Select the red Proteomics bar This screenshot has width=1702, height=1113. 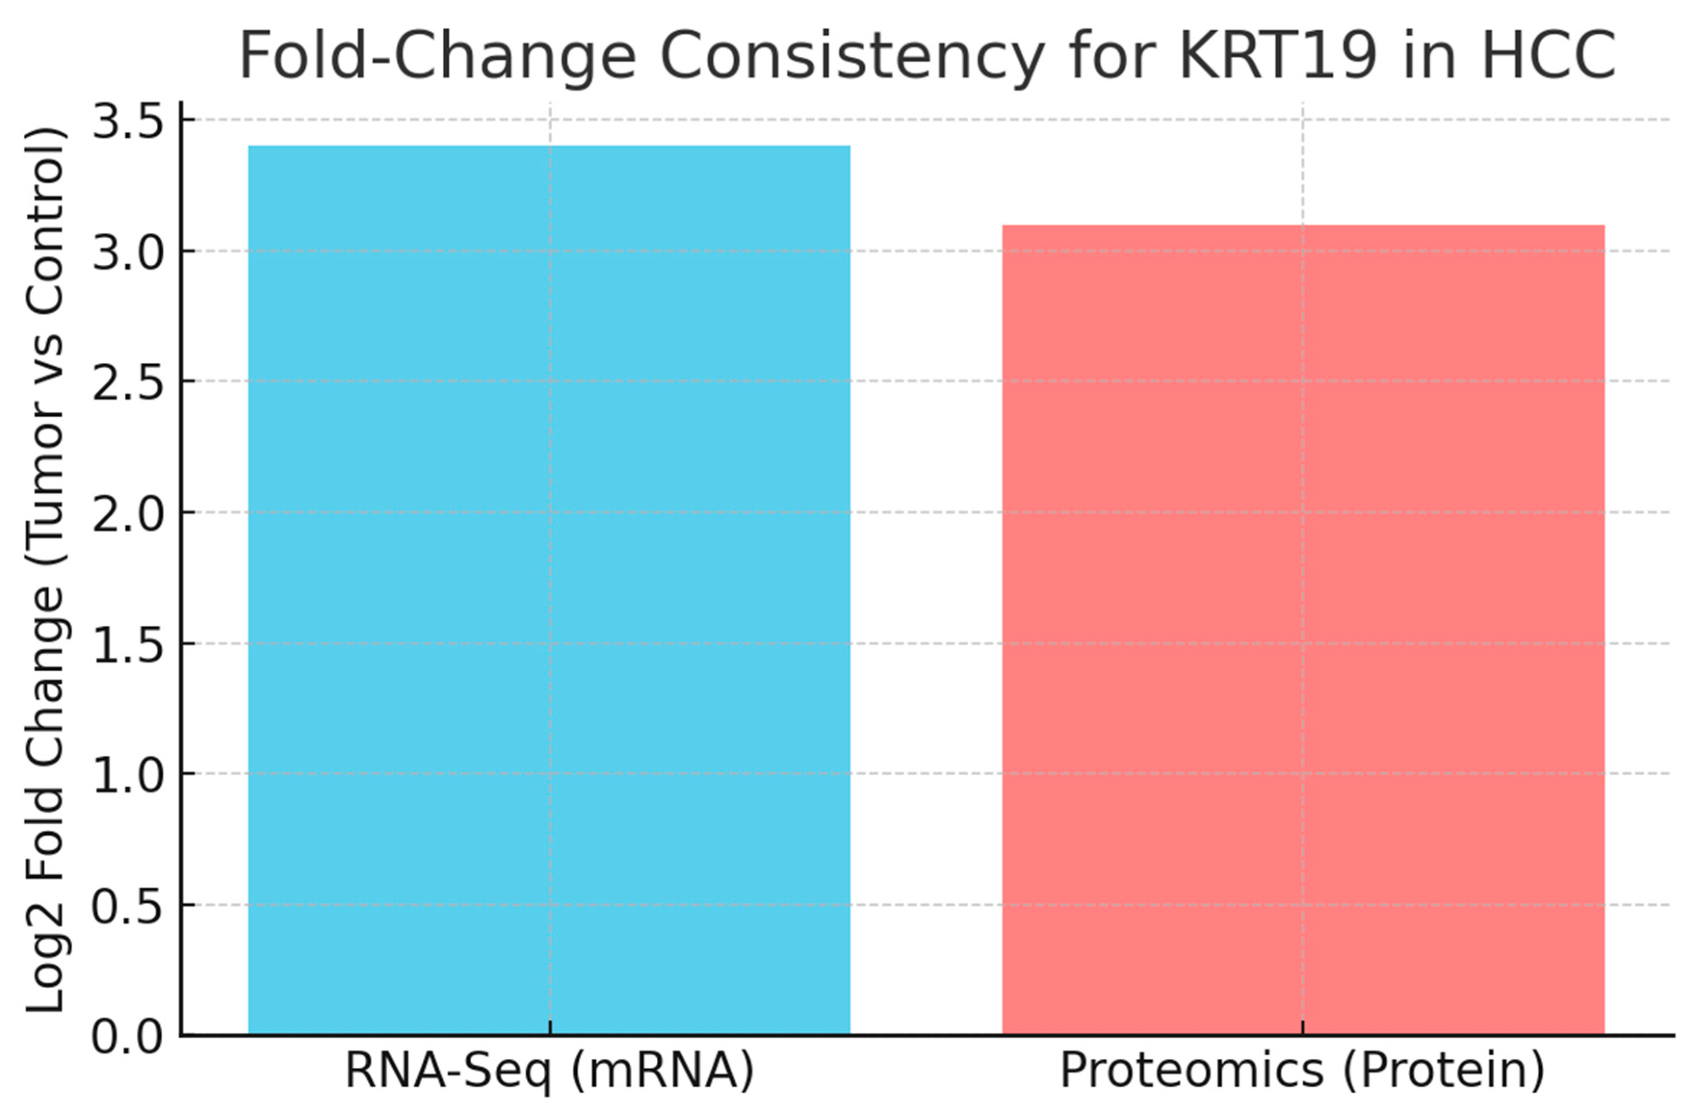pos(1303,629)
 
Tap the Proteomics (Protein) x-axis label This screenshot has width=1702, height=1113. pos(1302,1071)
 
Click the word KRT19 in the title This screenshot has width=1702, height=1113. pos(1276,56)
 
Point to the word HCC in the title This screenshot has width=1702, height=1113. pos(1548,56)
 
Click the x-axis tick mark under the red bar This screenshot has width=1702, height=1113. pos(1302,1027)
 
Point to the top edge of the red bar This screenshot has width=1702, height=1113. pos(1303,226)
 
